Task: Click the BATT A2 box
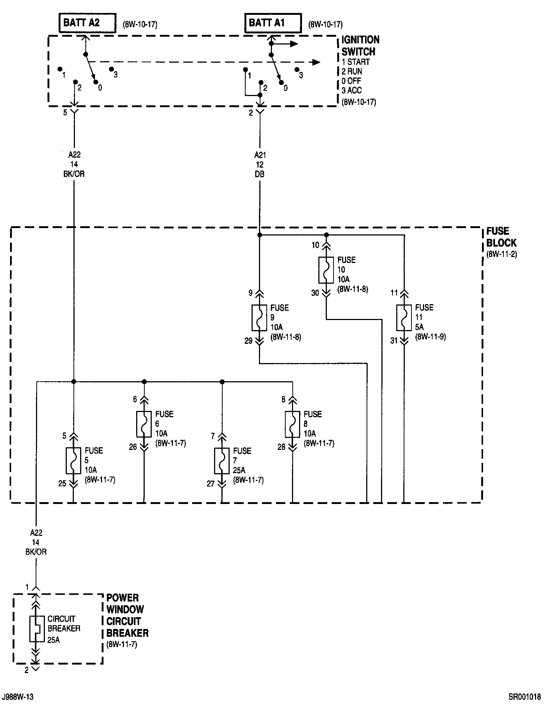pos(87,23)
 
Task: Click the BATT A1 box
pos(273,23)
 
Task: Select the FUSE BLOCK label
pos(501,237)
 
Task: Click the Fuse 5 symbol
pos(73,461)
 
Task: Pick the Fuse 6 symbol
pos(144,424)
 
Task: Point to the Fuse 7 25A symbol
pos(222,461)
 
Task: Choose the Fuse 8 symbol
pos(292,424)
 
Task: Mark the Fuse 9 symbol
pos(259,318)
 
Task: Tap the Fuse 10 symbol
pos(326,270)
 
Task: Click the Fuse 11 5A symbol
pos(404,318)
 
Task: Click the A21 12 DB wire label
pos(260,164)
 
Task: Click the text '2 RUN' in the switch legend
pos(352,72)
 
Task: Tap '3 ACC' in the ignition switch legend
pos(352,90)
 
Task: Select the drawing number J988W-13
pos(18,697)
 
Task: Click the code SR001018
pos(524,697)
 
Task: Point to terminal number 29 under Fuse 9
pos(248,341)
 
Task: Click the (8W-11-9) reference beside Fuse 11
pos(430,337)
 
